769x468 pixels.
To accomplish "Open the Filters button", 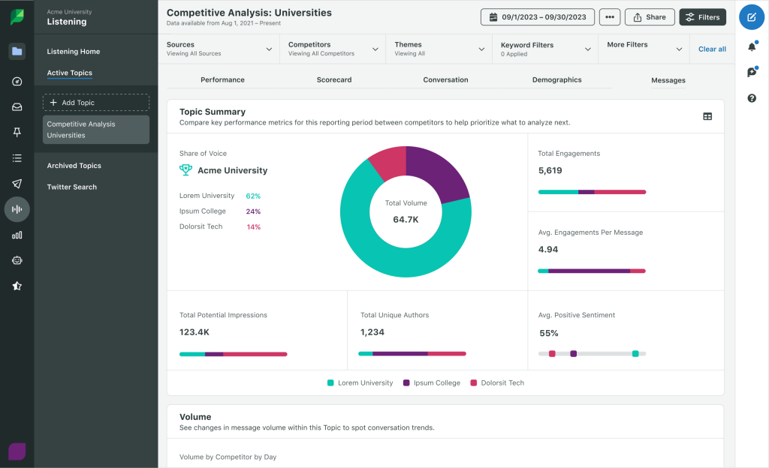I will coord(702,17).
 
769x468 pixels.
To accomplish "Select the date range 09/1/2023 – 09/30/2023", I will coord(537,17).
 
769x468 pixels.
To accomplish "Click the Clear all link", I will coord(712,49).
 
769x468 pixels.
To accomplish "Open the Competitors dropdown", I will coord(332,49).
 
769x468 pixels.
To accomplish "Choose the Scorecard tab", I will coord(334,79).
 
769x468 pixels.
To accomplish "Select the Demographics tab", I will coord(556,79).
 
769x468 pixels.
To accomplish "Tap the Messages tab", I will coord(668,80).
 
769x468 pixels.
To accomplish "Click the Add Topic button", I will coord(96,102).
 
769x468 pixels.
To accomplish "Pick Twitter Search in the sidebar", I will coord(72,187).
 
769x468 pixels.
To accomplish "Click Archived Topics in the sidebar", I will coord(74,166).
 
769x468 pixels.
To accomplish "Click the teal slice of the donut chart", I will coord(383,255).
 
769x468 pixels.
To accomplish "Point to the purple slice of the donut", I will coord(439,172).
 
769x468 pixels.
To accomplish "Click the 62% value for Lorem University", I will coord(253,196).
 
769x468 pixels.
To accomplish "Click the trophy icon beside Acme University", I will coord(185,170).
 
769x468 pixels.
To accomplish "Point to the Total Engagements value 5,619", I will coord(550,170).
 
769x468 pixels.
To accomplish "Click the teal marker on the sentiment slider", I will coord(635,353).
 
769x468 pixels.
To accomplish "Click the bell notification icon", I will coord(752,46).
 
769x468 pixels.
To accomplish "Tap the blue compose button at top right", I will coord(752,17).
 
